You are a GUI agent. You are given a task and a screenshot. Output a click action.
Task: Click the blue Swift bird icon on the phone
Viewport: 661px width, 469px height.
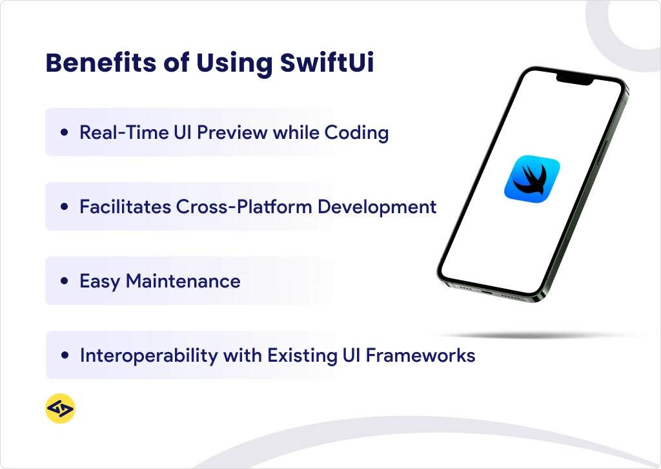(531, 177)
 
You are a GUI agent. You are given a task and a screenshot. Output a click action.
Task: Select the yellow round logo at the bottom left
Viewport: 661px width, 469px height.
(61, 409)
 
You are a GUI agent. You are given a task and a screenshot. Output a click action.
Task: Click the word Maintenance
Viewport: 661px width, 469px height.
(183, 281)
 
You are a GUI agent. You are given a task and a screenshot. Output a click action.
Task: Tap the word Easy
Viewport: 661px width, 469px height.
(99, 282)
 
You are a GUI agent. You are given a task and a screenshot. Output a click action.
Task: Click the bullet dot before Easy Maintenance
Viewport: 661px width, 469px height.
(64, 282)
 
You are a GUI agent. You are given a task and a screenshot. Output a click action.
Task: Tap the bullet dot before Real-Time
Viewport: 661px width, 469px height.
(64, 133)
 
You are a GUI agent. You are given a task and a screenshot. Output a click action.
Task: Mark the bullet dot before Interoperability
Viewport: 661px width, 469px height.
(64, 355)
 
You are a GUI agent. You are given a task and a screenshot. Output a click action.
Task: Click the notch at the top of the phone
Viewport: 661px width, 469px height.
(575, 81)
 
